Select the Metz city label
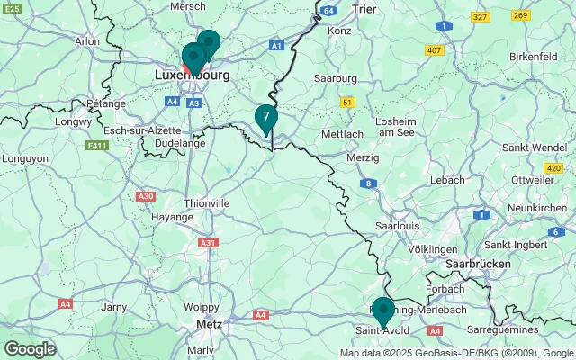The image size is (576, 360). coord(209,324)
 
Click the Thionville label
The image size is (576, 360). coord(206,203)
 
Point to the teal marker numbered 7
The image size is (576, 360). coord(265,118)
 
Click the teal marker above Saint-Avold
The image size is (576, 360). coord(382,310)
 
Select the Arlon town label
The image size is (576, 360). coord(87,41)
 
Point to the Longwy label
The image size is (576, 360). coord(68,120)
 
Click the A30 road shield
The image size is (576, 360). coord(145,196)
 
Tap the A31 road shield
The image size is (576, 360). coord(208,243)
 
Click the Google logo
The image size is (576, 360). coord(30,348)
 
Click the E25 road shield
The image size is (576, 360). coord(13,7)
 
